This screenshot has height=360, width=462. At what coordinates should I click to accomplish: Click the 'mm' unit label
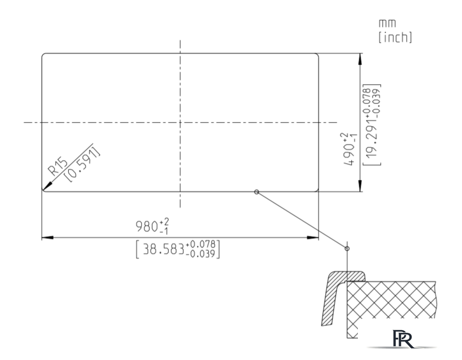point(387,23)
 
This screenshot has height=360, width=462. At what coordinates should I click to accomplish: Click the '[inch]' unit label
point(395,37)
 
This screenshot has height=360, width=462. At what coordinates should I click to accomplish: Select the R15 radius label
point(59,166)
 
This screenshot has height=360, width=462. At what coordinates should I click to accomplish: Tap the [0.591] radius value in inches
point(83,164)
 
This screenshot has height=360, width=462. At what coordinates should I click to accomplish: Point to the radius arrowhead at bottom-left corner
point(47,187)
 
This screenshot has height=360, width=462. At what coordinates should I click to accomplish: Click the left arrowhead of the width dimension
point(47,237)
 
